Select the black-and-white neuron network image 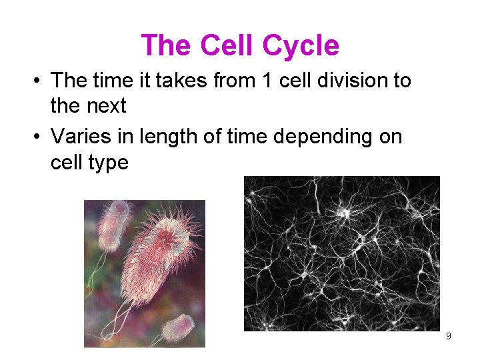tap(342, 253)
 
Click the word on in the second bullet tap(389, 137)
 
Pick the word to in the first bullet tap(402, 81)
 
